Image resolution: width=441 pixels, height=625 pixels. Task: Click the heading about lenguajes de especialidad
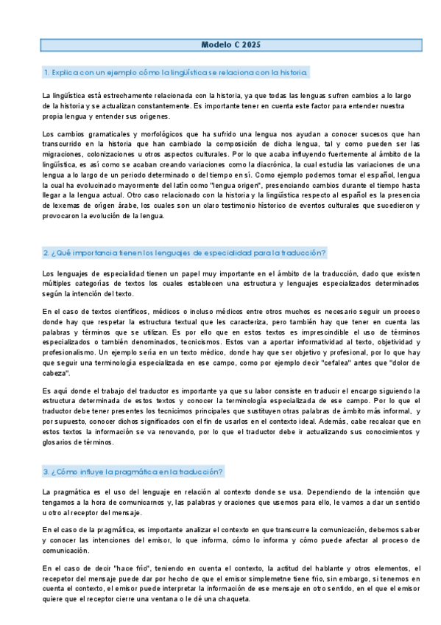click(x=184, y=253)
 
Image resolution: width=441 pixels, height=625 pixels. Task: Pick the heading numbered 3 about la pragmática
click(x=133, y=471)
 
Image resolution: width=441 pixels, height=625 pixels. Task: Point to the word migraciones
click(x=62, y=154)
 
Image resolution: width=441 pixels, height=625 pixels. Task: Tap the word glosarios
click(x=60, y=443)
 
